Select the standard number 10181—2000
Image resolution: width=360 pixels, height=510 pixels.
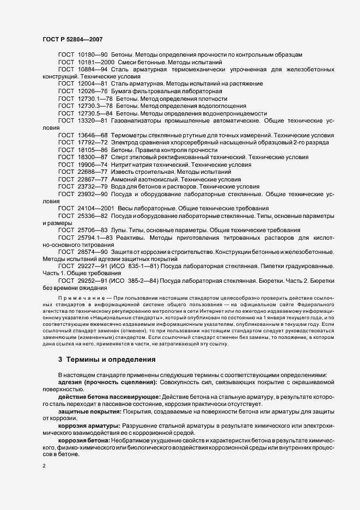(96, 63)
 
